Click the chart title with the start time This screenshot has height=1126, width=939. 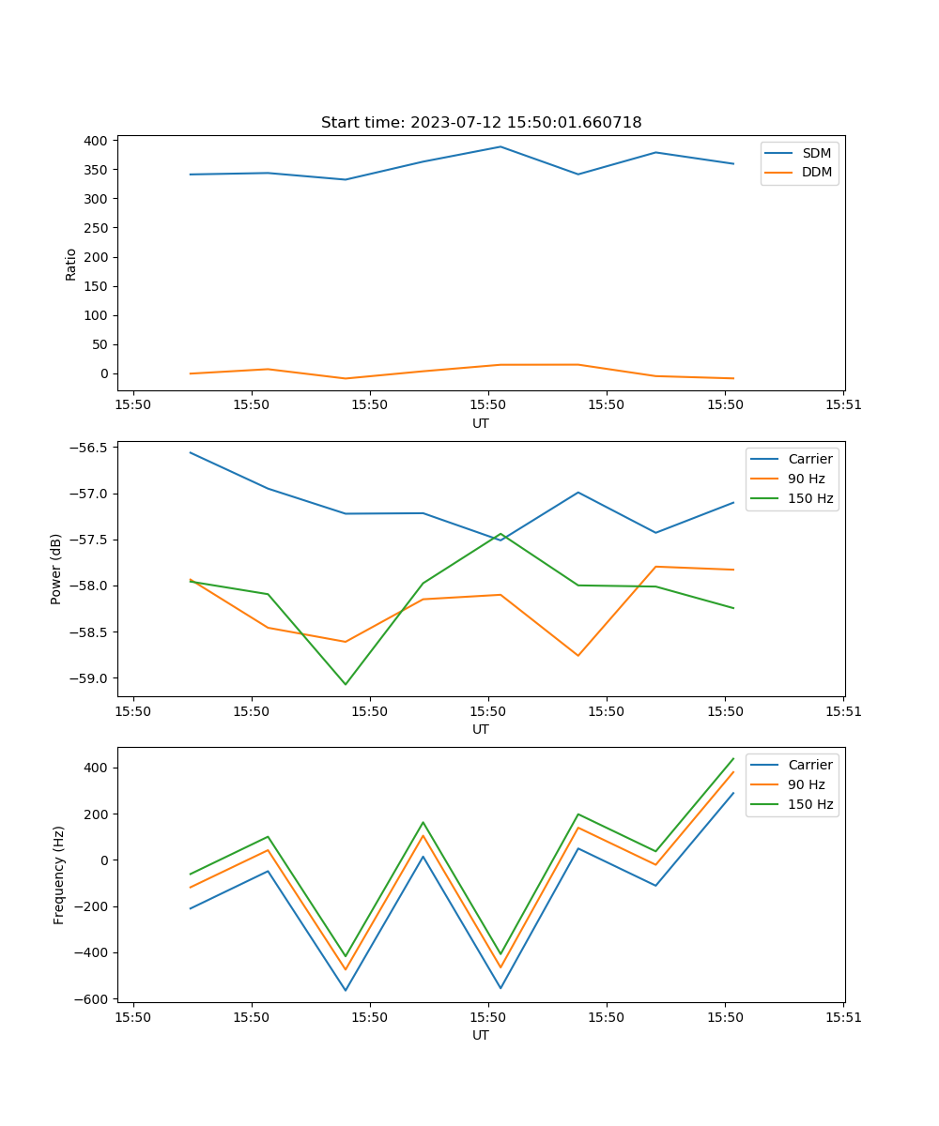[481, 123]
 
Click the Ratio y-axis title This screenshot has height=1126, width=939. [71, 264]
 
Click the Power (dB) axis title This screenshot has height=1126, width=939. [56, 569]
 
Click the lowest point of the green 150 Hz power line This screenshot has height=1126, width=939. [346, 684]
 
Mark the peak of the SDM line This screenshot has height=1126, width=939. [500, 146]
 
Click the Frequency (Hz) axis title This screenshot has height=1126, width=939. [58, 875]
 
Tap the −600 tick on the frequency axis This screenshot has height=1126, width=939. [96, 999]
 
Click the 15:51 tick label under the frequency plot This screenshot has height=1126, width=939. [843, 1017]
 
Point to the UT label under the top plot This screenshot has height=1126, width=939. [481, 423]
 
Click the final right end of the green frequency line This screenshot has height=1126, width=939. [733, 758]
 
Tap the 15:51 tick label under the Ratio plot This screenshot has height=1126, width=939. [843, 405]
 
